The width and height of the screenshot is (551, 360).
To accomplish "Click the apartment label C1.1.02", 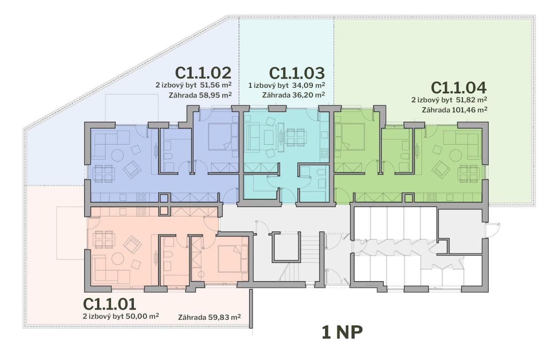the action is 203,73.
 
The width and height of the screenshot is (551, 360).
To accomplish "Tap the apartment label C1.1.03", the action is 297,73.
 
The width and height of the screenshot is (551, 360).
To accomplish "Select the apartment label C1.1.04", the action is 459,88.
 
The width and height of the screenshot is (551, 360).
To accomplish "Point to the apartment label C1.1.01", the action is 110,304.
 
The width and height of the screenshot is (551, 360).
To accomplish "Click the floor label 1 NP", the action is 342,332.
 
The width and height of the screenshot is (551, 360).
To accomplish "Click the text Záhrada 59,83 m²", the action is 209,317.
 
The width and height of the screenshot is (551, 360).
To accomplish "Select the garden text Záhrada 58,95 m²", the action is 200,95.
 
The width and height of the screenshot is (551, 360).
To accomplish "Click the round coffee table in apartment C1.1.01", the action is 118,259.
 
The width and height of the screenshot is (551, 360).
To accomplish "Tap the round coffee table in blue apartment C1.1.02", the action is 118,155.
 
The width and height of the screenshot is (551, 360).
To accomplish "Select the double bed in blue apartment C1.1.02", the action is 220,137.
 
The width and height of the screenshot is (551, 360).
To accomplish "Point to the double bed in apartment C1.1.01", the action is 230,259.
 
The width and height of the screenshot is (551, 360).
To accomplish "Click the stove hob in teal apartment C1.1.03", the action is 324,153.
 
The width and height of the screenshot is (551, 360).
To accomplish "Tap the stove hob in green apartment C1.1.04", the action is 432,197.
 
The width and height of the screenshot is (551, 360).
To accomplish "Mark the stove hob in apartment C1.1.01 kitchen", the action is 141,212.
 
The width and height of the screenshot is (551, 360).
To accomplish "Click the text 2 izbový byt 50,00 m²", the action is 121,316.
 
